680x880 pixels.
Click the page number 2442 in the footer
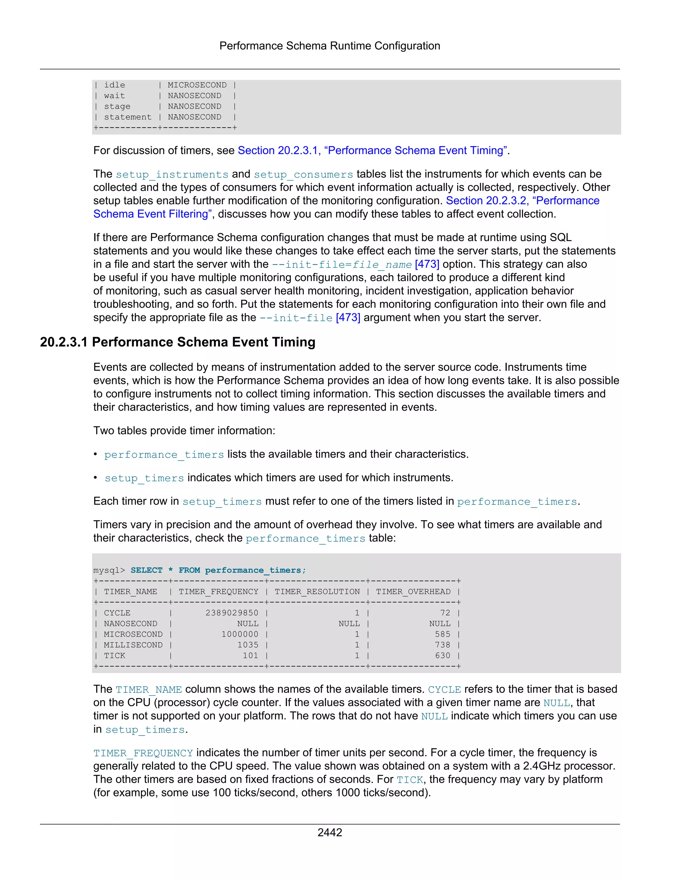click(329, 833)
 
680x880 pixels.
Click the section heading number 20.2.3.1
click(64, 342)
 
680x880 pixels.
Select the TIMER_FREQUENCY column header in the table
click(218, 591)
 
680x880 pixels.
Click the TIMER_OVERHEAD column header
click(413, 591)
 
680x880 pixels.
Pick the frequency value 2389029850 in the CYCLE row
click(232, 613)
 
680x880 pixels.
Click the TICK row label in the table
click(115, 656)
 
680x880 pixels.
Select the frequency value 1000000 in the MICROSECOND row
click(240, 634)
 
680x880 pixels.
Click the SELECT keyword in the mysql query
click(146, 570)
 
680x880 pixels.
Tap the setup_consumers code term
click(303, 174)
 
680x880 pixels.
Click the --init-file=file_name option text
click(342, 265)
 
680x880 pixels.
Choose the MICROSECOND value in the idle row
click(197, 85)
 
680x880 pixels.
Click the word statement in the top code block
click(128, 117)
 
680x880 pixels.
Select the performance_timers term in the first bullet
click(164, 455)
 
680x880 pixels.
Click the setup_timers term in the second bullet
click(144, 478)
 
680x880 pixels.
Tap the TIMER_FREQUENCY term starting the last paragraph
click(143, 753)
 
